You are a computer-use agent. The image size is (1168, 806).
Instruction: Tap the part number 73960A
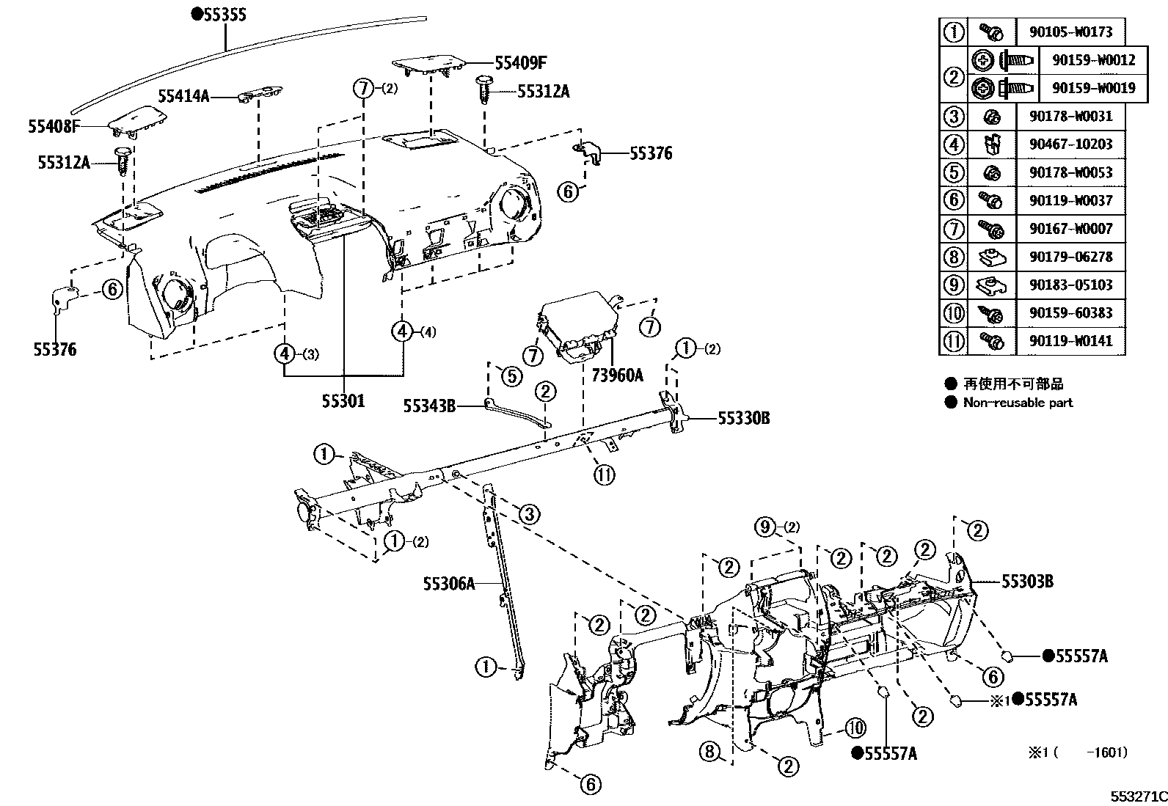(x=617, y=375)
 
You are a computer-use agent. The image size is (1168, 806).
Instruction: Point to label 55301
(x=343, y=401)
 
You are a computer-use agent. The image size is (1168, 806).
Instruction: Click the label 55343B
(x=429, y=405)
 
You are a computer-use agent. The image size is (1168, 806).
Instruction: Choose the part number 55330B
(x=743, y=418)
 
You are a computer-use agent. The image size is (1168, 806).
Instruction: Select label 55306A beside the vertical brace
(x=448, y=584)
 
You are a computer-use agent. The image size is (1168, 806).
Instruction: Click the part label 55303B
(x=1027, y=582)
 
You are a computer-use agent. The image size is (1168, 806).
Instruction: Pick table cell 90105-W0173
(x=1070, y=32)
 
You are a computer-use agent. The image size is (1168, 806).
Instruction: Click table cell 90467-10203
(x=1070, y=144)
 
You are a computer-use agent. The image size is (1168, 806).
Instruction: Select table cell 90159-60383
(x=1070, y=312)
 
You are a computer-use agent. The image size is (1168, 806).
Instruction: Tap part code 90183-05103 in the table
(x=1070, y=285)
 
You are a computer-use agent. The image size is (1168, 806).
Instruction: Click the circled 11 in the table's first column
(x=954, y=341)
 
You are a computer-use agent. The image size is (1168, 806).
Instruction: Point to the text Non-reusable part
(x=1018, y=402)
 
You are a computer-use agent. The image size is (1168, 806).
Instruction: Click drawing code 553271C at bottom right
(x=1138, y=796)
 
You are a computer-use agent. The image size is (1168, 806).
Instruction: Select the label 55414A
(x=183, y=96)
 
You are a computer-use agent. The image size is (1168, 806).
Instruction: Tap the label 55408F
(x=54, y=126)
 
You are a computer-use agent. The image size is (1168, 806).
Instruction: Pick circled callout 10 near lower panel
(x=855, y=728)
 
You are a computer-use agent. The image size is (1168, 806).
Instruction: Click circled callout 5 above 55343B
(x=511, y=376)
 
